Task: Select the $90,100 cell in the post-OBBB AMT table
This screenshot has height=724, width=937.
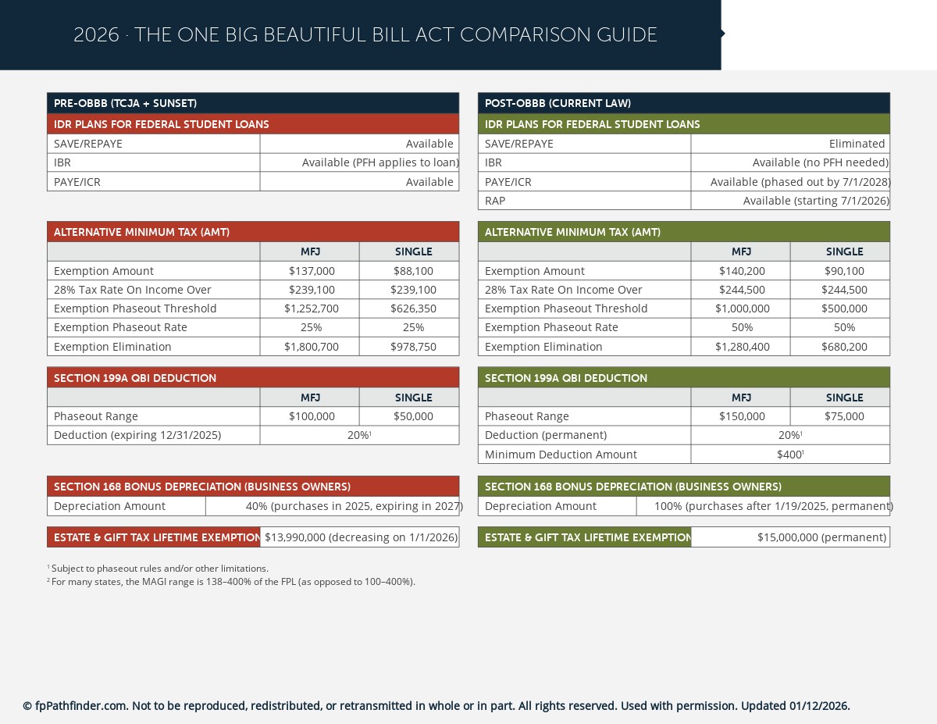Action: pos(844,271)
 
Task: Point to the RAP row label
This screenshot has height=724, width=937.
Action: pos(495,201)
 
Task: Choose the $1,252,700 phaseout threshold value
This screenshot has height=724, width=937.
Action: pos(311,309)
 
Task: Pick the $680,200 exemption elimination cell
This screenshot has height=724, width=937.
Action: pos(844,347)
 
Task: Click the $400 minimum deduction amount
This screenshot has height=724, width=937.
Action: pos(790,455)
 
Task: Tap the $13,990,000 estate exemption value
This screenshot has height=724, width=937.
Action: pos(361,537)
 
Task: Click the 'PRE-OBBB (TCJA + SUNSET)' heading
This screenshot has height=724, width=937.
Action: pos(125,103)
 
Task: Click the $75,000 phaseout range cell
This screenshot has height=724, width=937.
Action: pos(844,416)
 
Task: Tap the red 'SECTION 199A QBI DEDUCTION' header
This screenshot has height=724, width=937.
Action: pos(135,378)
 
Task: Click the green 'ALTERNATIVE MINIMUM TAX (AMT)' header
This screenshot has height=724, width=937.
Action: pos(572,232)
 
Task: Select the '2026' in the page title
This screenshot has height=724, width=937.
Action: pos(96,35)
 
